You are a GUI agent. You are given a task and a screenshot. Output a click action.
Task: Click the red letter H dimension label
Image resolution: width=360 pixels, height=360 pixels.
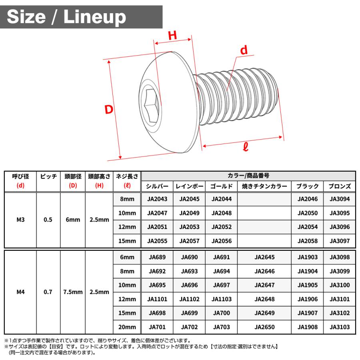[172, 36]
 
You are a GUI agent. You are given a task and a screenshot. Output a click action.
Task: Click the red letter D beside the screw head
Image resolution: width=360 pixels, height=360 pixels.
[109, 109]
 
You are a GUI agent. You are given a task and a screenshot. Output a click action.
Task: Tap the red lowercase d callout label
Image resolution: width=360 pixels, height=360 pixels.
[244, 50]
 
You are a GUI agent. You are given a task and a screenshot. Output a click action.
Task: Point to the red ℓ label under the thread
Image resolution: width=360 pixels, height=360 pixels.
[246, 147]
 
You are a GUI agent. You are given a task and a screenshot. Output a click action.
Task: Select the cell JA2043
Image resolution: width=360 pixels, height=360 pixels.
[157, 199]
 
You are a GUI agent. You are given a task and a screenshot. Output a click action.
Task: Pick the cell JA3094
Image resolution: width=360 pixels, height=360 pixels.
[339, 199]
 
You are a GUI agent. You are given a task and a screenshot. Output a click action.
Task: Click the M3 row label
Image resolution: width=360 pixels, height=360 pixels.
[21, 220]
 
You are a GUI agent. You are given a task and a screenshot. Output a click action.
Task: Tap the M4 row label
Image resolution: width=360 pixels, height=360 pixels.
[21, 292]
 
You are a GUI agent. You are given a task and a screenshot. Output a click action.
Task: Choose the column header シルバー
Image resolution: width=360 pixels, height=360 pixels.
[157, 186]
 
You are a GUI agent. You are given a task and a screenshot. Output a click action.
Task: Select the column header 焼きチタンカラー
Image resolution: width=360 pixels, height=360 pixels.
[264, 186]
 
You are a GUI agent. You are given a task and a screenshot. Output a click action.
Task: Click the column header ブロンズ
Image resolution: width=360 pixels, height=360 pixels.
[339, 186]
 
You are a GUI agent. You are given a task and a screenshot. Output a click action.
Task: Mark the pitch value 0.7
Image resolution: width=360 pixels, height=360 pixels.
[48, 292]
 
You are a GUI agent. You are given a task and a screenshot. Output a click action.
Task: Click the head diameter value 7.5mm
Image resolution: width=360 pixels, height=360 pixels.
[73, 292]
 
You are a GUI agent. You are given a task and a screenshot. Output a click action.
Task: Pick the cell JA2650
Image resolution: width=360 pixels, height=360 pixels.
[264, 327]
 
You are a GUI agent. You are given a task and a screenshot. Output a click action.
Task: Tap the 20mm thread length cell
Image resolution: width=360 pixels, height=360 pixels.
[127, 327]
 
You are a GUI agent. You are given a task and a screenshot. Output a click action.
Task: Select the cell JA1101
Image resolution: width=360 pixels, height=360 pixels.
[157, 299]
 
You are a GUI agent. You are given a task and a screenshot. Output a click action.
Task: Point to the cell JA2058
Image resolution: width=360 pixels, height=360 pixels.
[308, 241]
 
